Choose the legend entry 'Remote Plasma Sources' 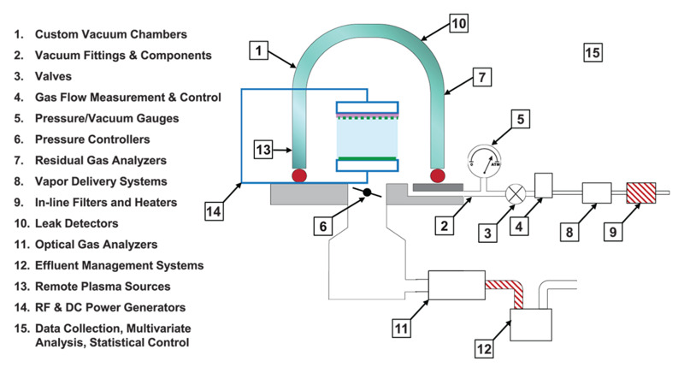[x=102, y=286]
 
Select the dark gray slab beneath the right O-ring [x=439, y=187]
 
